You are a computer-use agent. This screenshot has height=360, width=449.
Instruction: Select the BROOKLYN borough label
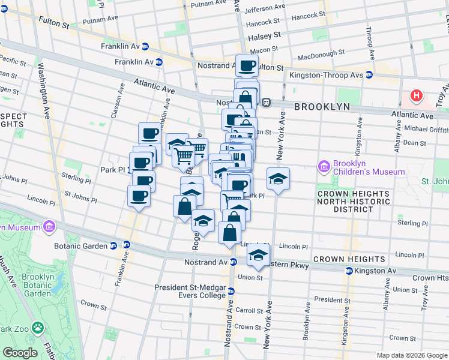point(322,107)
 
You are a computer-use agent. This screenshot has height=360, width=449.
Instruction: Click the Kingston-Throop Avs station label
point(327,75)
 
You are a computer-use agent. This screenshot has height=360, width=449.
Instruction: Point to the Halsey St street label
point(265,36)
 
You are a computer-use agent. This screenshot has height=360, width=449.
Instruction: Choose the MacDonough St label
point(321,53)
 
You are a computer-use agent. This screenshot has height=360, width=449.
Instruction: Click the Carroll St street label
point(249,311)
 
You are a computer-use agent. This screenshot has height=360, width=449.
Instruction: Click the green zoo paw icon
point(38,328)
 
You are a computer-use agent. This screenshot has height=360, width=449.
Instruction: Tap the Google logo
point(20,353)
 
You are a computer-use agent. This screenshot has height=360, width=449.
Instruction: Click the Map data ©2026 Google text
point(411,355)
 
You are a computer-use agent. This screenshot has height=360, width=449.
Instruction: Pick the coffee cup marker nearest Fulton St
point(247,65)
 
